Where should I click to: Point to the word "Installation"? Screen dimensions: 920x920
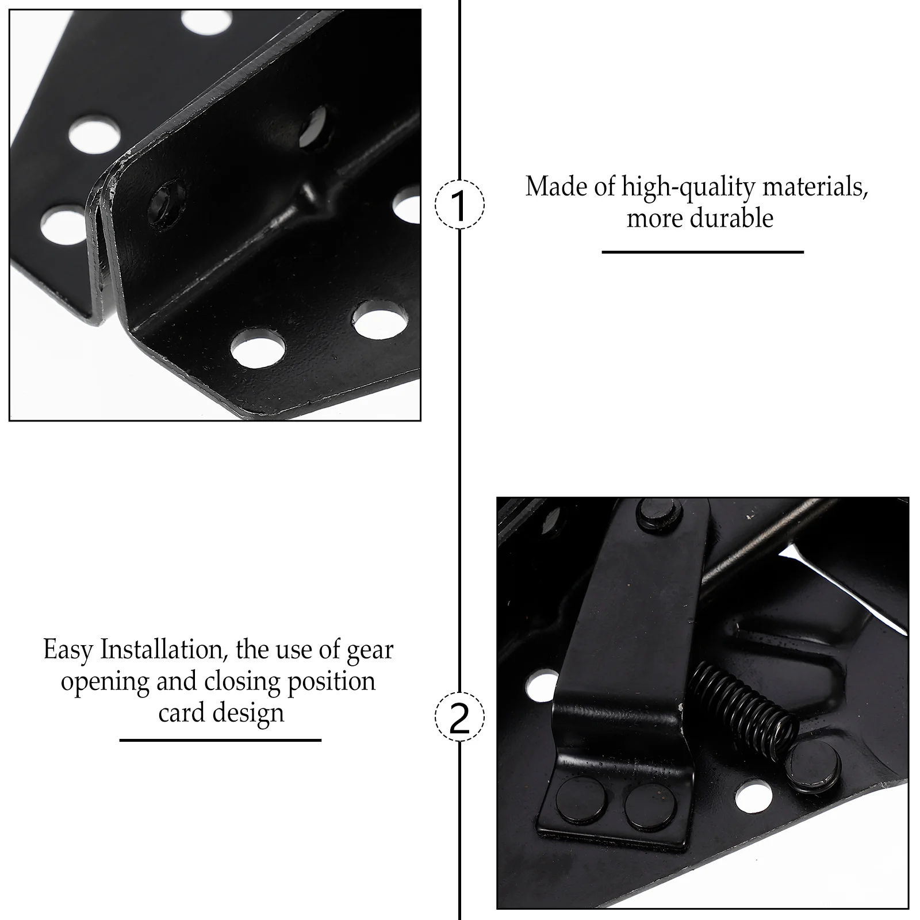[162, 650]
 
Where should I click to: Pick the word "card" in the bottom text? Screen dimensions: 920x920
[182, 712]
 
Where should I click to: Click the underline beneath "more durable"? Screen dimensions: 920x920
[702, 252]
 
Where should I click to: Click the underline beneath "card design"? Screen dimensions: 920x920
[220, 740]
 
